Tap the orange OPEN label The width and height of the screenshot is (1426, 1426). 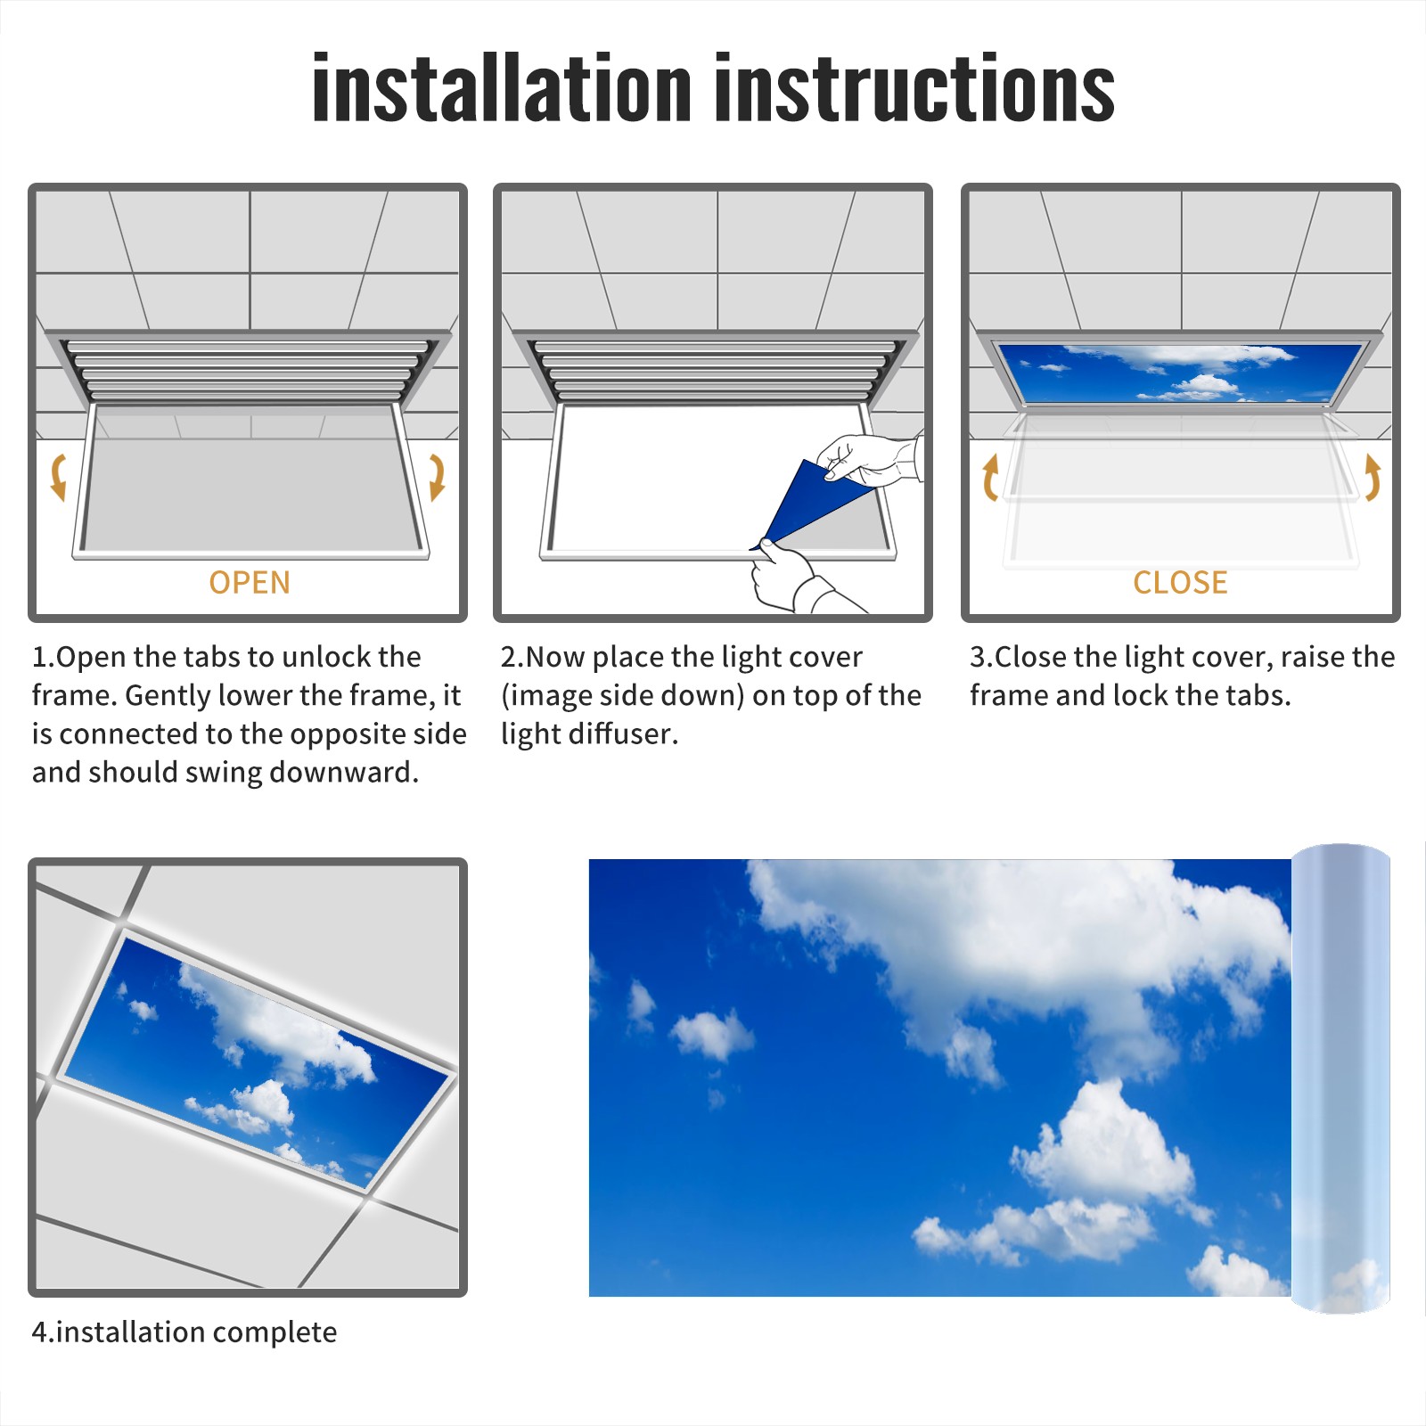click(x=250, y=582)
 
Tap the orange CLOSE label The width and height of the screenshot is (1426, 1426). click(x=1180, y=582)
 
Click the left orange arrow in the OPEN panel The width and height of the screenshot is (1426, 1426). click(x=59, y=477)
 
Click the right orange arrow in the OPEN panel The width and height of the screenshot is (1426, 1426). click(x=437, y=477)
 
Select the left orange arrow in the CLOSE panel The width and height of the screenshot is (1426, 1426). click(x=990, y=477)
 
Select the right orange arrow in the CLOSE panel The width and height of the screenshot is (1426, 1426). click(x=1373, y=477)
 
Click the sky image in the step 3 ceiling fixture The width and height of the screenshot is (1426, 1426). click(x=1180, y=372)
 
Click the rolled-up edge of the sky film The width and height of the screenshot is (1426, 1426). click(x=1340, y=1078)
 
